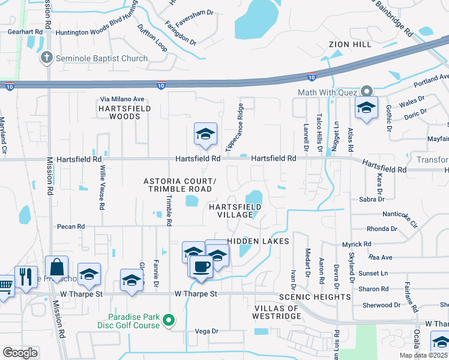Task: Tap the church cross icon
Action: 46,58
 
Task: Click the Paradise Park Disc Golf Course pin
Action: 169,320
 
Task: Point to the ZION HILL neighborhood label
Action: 350,44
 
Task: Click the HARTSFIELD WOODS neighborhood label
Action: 125,112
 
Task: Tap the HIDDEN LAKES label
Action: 259,241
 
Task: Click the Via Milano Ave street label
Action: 122,99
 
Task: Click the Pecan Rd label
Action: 71,227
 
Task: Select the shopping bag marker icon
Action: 56,268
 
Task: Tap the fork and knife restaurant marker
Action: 25,277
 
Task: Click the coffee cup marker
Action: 201,266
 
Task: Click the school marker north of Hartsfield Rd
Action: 205,135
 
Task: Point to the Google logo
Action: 20,353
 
